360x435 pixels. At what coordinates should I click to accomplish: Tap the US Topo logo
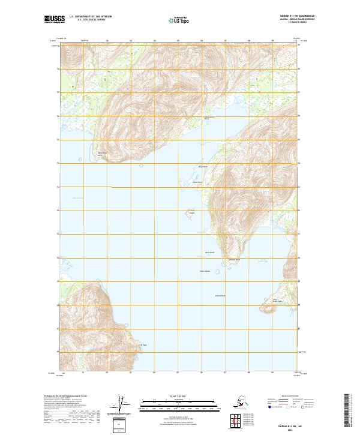click(180, 20)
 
